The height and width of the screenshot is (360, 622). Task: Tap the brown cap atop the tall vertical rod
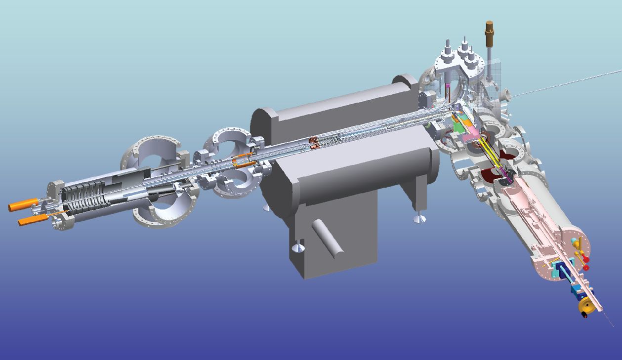click(490, 28)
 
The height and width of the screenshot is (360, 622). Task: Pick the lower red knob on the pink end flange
click(586, 267)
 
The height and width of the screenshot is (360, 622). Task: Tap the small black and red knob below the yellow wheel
click(585, 316)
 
